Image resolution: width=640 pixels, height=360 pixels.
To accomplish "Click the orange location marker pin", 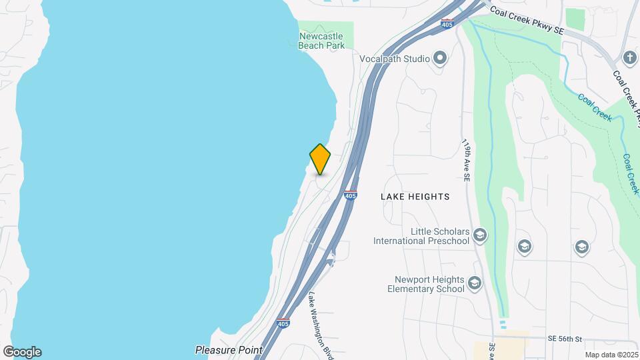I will click(320, 159).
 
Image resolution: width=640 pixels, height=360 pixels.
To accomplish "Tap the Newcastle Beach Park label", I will click(322, 41).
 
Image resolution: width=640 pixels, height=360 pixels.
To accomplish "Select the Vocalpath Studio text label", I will click(395, 59).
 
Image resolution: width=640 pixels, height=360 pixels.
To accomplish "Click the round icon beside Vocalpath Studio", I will click(440, 58).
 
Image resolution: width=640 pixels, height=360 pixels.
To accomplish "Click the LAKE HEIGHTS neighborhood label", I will click(415, 197).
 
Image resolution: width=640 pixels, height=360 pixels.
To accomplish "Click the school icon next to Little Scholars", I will click(480, 235).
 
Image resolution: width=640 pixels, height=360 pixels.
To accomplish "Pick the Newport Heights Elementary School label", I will click(427, 285).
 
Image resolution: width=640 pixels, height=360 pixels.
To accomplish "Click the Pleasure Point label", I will click(229, 349).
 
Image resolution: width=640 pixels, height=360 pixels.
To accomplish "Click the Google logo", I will click(22, 352).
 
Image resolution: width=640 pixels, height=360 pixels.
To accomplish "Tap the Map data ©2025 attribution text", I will click(611, 355).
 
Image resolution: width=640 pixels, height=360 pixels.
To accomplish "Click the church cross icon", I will click(630, 57).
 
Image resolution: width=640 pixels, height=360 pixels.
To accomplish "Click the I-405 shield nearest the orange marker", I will click(351, 195).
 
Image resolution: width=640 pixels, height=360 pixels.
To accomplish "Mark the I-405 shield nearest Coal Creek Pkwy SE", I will click(447, 25).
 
